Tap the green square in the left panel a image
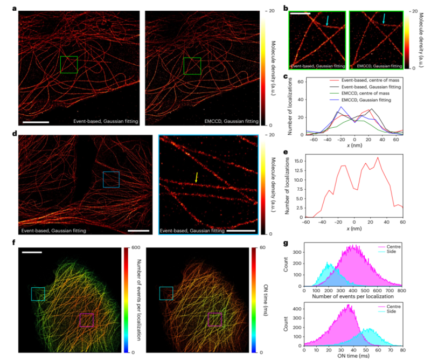click(x=68, y=65)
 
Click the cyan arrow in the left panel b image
click(x=328, y=20)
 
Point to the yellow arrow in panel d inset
click(x=196, y=177)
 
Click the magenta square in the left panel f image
click(x=86, y=320)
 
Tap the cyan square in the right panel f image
click(x=166, y=293)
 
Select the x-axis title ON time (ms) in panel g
click(x=354, y=356)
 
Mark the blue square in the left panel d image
click(x=111, y=179)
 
